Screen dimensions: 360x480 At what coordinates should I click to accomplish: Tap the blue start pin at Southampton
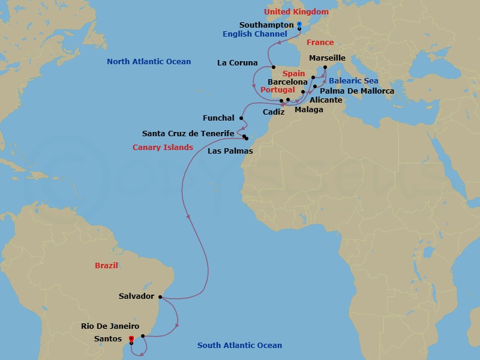coord(299,25)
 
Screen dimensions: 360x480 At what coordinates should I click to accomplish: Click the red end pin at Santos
coord(131,340)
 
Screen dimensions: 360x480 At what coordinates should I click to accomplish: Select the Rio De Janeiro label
coord(110,326)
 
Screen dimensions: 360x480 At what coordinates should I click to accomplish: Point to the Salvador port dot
coord(160,296)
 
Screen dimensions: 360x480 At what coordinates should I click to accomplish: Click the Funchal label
coord(218,118)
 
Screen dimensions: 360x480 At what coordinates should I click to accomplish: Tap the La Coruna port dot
coord(273,67)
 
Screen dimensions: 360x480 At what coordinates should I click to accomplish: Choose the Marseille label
coord(327,58)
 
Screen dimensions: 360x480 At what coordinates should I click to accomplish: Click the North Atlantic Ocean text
coord(149,62)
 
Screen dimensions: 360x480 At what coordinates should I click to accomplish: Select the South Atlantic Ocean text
coord(239,346)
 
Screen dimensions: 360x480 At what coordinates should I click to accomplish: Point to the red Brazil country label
coord(106,265)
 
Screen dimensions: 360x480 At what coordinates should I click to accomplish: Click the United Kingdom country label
coord(296,12)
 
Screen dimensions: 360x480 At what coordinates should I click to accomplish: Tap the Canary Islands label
coord(163,148)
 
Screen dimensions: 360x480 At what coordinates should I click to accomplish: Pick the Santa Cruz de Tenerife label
coord(188,133)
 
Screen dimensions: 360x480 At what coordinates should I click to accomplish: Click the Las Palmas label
coord(230,151)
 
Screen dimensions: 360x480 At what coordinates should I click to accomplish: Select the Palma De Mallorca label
coord(362,91)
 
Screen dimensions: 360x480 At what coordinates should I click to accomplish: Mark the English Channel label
coord(255,34)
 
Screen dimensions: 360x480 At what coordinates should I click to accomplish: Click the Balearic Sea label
coord(353,80)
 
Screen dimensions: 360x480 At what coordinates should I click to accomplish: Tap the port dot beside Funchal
coord(241,118)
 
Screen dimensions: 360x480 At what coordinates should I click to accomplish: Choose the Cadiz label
coord(274,112)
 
